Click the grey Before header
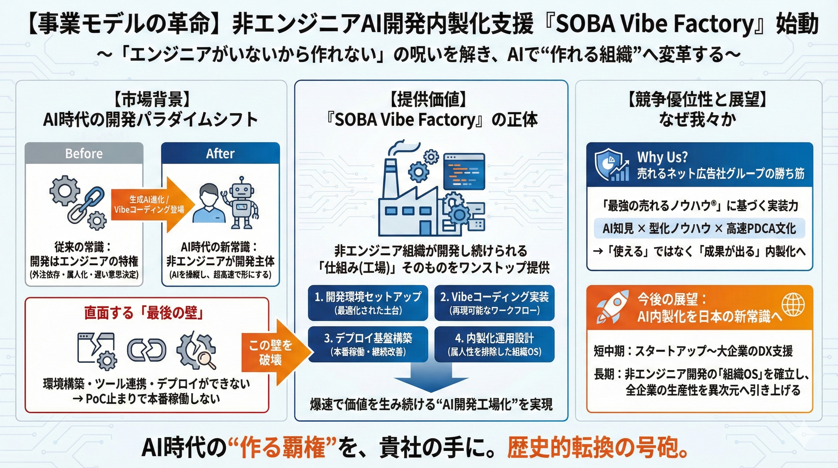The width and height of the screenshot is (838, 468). click(84, 153)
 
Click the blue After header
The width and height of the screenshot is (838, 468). click(220, 153)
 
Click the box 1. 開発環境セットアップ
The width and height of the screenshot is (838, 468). click(368, 303)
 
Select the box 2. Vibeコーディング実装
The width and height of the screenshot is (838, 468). click(494, 303)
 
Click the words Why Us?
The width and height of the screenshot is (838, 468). click(662, 157)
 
